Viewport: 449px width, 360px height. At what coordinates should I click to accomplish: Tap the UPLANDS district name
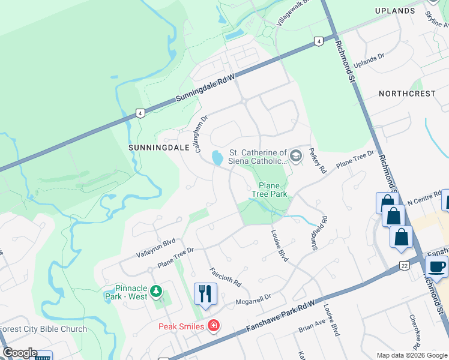coord(394,11)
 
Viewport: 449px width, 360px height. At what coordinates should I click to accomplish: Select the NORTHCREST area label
coord(407,94)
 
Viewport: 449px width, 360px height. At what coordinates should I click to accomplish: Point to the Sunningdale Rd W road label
coord(204,89)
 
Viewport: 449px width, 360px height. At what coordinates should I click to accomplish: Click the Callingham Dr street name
coord(202,134)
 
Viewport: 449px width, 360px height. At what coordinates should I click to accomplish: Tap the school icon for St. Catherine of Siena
coord(295,156)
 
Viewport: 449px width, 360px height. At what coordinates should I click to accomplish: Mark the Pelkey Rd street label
coord(317,161)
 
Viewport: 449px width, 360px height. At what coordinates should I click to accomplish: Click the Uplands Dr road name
coord(369,60)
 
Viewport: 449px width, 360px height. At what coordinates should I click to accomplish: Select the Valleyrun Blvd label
coord(155,248)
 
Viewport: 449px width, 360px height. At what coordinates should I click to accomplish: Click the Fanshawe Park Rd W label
coord(280,314)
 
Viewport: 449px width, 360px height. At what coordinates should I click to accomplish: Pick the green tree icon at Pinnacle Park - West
coord(156,292)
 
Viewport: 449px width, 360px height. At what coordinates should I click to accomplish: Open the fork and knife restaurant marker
coord(205,294)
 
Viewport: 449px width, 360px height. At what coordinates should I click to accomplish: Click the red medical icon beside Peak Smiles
coord(212,326)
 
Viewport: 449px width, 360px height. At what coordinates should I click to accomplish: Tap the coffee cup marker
coord(436,266)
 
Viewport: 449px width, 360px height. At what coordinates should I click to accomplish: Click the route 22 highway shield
coord(403,266)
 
